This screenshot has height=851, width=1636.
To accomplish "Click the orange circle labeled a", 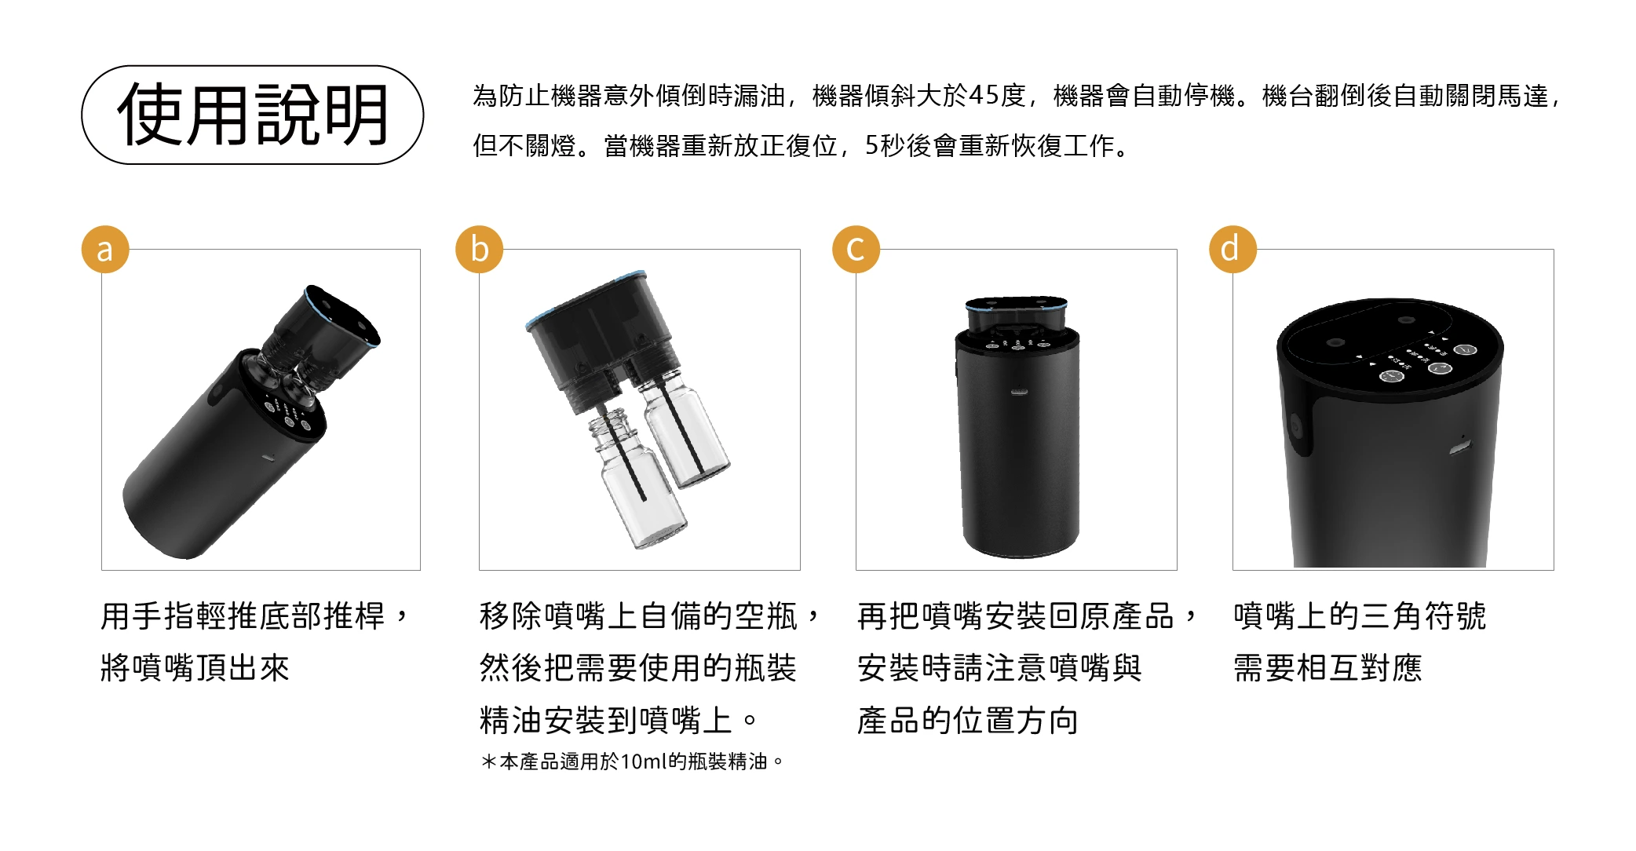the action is pos(104,249).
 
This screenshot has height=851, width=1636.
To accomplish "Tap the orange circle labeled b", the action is pos(479,249).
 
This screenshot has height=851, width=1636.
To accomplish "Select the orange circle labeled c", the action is pos(856,249).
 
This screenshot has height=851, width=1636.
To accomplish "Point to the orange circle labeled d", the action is pos(1232,249).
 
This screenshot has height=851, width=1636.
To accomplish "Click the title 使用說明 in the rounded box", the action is pos(253,115).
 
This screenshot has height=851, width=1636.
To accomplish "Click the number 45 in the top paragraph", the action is pos(984,96).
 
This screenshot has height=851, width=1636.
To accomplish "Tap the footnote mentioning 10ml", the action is pos(633,762).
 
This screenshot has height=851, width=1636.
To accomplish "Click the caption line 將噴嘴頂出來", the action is pos(195,668).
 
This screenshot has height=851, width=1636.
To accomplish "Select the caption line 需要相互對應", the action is pos(1327,668).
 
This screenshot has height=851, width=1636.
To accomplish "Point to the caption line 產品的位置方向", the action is pos(968,721).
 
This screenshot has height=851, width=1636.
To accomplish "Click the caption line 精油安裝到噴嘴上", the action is pos(619,721).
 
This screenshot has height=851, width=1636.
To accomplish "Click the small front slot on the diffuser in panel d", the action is pos(1460,450).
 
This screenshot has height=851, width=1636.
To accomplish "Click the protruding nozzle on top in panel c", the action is pos(1017,315).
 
